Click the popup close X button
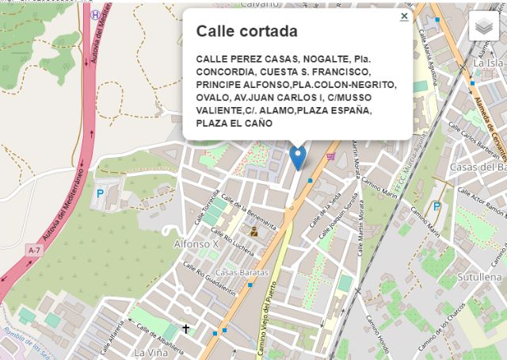pos(404,16)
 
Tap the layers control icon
pos(486,27)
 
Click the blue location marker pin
pos(298,156)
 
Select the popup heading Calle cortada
pos(247,32)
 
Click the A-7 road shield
pos(34,251)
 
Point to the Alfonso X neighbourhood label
pos(196,244)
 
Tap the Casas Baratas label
pos(242,273)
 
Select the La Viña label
pos(151,351)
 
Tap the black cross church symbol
pos(186,328)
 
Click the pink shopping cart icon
pos(330,156)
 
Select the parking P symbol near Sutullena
pos(436,207)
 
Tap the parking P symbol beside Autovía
pos(100,193)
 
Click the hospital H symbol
pos(96,13)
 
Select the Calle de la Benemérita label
pos(249,211)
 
